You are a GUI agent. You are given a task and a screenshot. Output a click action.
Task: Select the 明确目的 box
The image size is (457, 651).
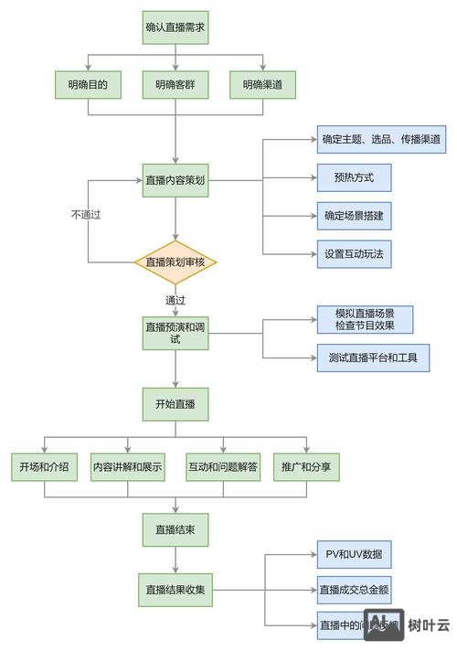88,86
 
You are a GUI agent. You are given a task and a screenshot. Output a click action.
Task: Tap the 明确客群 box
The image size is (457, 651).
175,86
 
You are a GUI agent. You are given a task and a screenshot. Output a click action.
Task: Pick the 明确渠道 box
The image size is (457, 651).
263,86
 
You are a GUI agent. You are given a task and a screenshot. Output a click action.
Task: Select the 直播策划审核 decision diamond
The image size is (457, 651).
175,262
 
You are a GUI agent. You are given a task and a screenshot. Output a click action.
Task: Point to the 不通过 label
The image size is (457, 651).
85,215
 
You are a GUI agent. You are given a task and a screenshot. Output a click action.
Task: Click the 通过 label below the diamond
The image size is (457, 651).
175,301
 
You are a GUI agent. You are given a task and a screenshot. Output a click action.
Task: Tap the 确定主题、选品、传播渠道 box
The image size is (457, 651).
381,140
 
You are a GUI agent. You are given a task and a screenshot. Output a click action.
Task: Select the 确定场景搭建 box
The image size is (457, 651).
354,216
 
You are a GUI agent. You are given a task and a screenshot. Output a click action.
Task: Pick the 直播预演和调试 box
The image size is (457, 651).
175,333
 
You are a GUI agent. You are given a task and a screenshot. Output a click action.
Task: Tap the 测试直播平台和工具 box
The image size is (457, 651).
372,358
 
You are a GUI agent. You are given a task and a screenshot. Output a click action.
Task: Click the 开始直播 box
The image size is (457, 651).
175,402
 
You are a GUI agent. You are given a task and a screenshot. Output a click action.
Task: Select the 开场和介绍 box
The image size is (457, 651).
44,467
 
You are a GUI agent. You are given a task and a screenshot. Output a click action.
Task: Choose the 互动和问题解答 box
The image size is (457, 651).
223,467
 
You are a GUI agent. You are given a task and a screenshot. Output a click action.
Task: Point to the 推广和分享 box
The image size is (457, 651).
306,467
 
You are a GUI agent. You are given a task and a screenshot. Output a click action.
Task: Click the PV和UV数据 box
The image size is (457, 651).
354,554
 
